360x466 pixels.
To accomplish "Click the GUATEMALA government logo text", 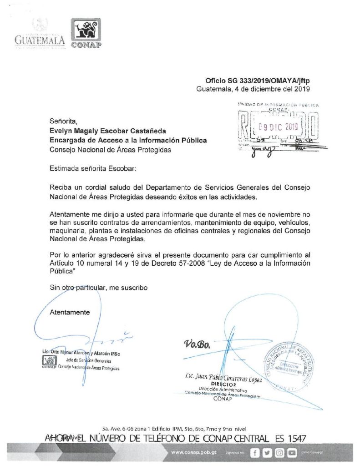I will pyautogui.click(x=40, y=40).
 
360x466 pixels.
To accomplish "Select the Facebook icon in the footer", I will pyautogui.click(x=255, y=453).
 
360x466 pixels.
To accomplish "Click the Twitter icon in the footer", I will pyautogui.click(x=267, y=453).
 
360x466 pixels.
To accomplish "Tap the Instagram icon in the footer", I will pyautogui.click(x=279, y=453).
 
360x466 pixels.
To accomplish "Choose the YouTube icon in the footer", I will pyautogui.click(x=292, y=453).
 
